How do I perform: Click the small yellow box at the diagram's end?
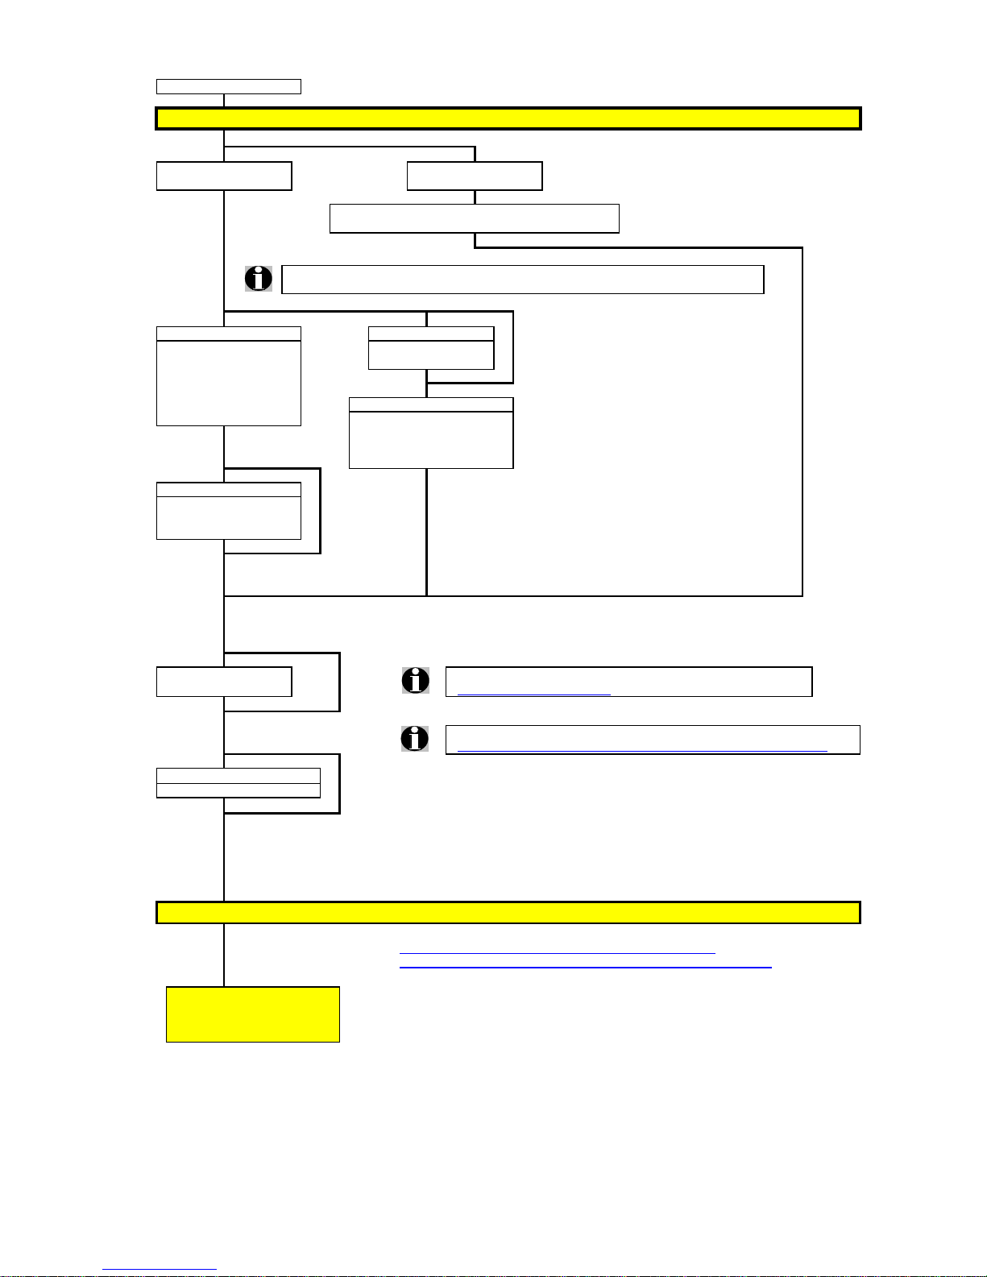click(x=252, y=1014)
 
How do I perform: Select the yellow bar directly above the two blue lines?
click(x=508, y=912)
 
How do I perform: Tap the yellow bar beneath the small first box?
click(x=508, y=118)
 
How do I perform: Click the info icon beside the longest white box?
click(x=258, y=279)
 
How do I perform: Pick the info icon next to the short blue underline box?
click(x=415, y=681)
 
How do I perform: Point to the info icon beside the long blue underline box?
click(x=415, y=739)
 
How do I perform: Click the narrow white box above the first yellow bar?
click(x=228, y=86)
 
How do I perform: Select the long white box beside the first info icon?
click(x=522, y=279)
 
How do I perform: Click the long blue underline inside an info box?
click(x=641, y=750)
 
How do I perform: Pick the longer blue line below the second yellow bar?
click(x=585, y=966)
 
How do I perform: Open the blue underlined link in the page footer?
click(x=160, y=1269)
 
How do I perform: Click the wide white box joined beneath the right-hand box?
click(x=474, y=218)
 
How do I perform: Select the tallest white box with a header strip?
click(x=228, y=376)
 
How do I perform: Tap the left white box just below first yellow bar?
click(x=224, y=176)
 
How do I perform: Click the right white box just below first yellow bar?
click(x=475, y=176)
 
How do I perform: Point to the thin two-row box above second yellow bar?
click(x=238, y=782)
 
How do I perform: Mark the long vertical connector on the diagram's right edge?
click(x=802, y=419)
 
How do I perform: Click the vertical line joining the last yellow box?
click(x=224, y=955)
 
